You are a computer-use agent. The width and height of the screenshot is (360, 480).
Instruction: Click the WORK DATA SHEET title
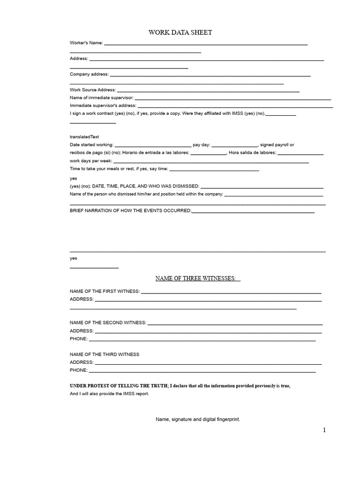pyautogui.click(x=180, y=32)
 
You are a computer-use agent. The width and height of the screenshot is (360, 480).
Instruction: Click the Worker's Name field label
pyautogui.click(x=86, y=43)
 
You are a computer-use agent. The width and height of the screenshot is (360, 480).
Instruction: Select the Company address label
pyautogui.click(x=89, y=74)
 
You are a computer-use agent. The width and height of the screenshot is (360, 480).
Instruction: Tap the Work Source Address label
pyautogui.click(x=92, y=90)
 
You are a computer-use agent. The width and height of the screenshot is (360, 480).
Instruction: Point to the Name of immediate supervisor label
pyautogui.click(x=102, y=98)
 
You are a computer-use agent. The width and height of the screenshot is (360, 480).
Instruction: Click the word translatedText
pyautogui.click(x=84, y=137)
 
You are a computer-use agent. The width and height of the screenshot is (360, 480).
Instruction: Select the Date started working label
pyautogui.click(x=91, y=145)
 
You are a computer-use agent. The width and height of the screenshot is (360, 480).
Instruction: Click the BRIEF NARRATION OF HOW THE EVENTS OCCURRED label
pyautogui.click(x=130, y=211)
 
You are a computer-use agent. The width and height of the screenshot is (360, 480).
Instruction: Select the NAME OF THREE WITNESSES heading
pyautogui.click(x=197, y=278)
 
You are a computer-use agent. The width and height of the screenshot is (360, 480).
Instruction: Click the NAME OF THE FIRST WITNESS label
pyautogui.click(x=105, y=291)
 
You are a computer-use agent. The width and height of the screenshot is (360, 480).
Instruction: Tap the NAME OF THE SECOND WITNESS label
pyautogui.click(x=108, y=322)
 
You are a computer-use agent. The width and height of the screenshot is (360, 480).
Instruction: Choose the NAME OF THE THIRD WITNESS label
pyautogui.click(x=105, y=354)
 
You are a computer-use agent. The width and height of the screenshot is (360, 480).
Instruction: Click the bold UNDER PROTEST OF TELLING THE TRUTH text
pyautogui.click(x=119, y=386)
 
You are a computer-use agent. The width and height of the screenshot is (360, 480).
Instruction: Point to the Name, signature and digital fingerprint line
pyautogui.click(x=198, y=420)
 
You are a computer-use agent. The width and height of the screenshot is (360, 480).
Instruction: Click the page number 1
pyautogui.click(x=324, y=430)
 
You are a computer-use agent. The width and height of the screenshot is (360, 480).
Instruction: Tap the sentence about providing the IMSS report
pyautogui.click(x=109, y=394)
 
